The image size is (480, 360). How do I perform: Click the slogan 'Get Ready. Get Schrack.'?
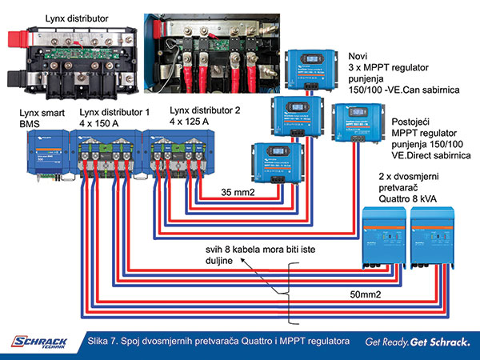point(417,342)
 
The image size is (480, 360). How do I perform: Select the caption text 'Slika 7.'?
point(110,342)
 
